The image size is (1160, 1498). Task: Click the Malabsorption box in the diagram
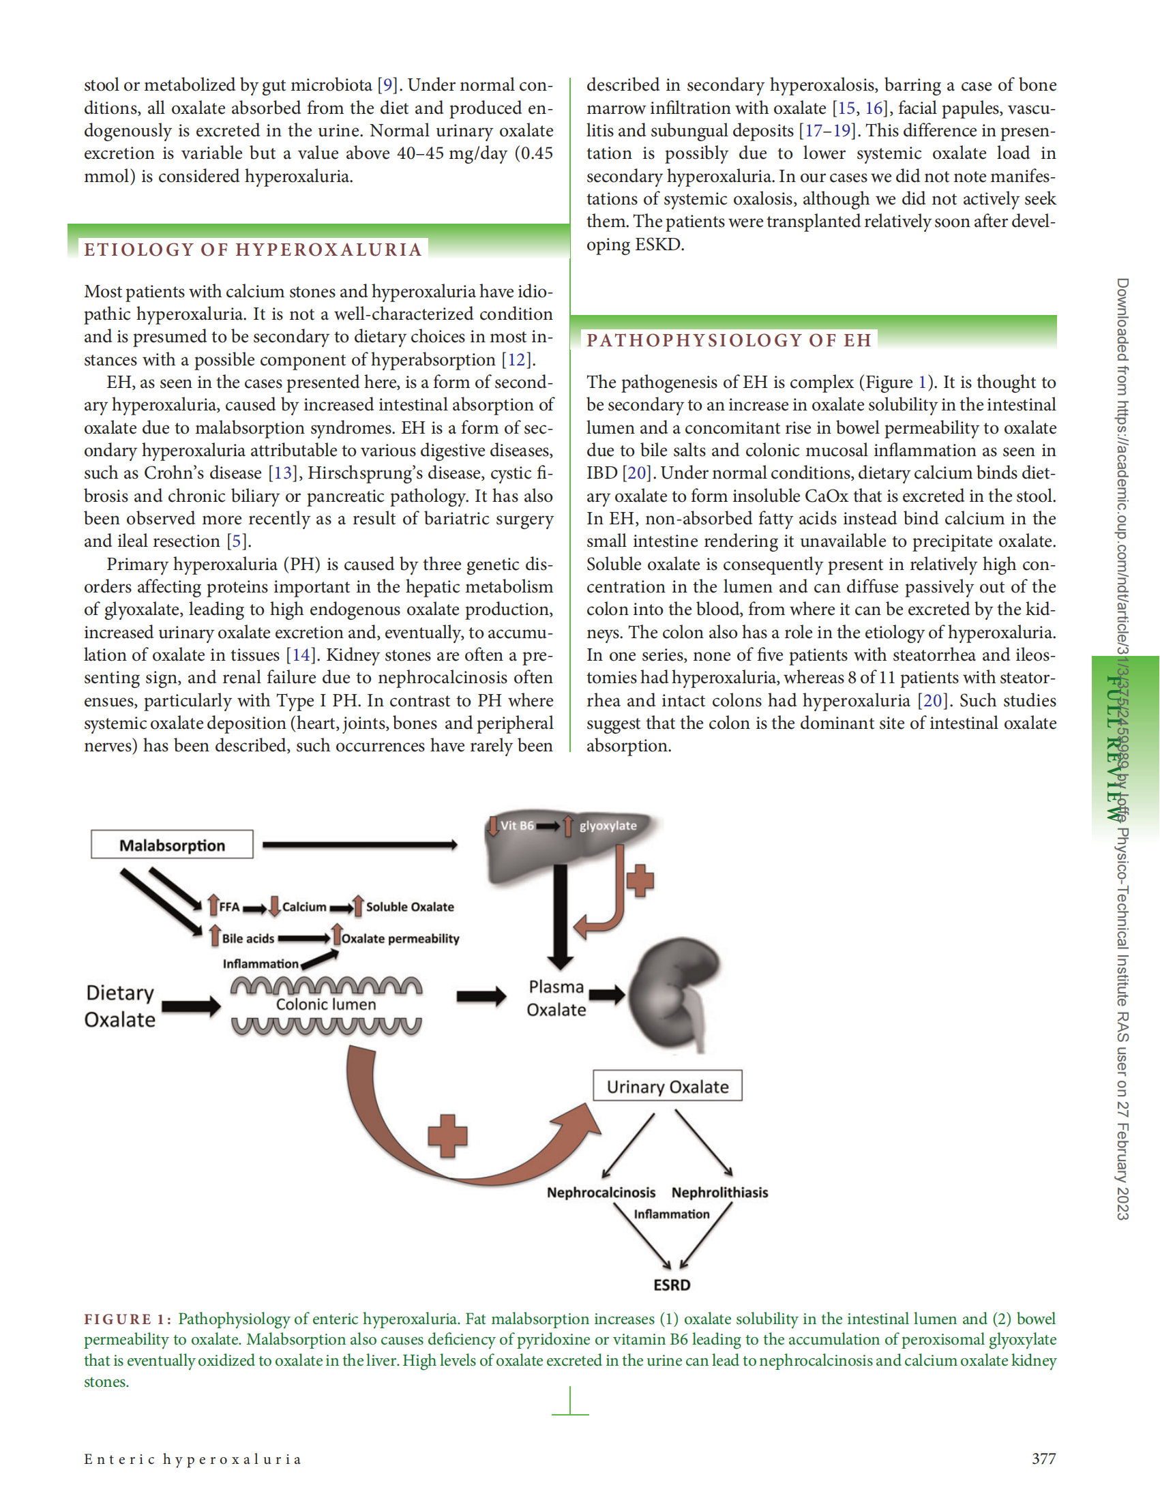point(171,844)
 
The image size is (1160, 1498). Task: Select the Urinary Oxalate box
point(667,1086)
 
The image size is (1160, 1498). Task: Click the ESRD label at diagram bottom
point(672,1285)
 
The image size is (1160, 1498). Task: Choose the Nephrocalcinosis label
point(601,1192)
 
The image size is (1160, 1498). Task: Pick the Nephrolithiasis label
point(719,1192)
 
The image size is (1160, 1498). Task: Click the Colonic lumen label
point(326,1004)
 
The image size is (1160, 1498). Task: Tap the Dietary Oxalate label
point(120,1006)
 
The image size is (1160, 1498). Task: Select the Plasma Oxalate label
point(556,998)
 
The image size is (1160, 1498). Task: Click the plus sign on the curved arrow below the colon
point(447,1135)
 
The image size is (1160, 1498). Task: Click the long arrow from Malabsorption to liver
point(359,844)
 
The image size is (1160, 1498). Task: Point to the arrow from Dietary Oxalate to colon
point(192,1006)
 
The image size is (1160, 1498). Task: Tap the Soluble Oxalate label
point(410,907)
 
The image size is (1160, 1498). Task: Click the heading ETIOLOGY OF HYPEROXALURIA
point(252,250)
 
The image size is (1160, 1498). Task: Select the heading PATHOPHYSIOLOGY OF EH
point(728,340)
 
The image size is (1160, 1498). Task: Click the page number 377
point(1043,1458)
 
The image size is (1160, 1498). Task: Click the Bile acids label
point(248,938)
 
